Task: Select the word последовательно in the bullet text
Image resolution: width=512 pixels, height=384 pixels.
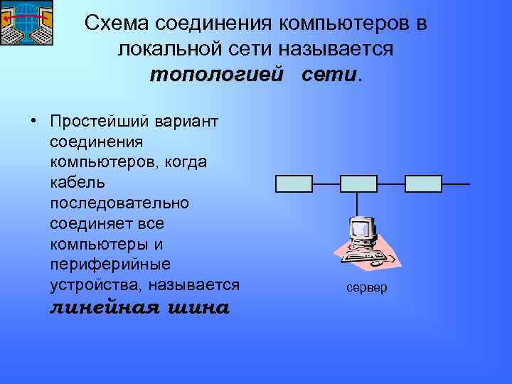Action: pyautogui.click(x=120, y=203)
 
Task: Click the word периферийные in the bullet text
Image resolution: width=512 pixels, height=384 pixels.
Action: pyautogui.click(x=110, y=265)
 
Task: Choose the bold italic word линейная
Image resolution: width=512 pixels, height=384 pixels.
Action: pyautogui.click(x=104, y=309)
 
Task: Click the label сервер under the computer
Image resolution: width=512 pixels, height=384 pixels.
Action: pyautogui.click(x=367, y=288)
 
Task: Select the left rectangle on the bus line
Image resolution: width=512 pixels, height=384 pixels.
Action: pyautogui.click(x=294, y=183)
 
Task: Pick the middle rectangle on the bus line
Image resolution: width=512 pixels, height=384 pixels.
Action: pyautogui.click(x=358, y=183)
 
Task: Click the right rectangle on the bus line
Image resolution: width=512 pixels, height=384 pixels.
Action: pyautogui.click(x=423, y=183)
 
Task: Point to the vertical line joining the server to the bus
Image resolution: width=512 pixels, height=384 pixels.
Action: pyautogui.click(x=358, y=203)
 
